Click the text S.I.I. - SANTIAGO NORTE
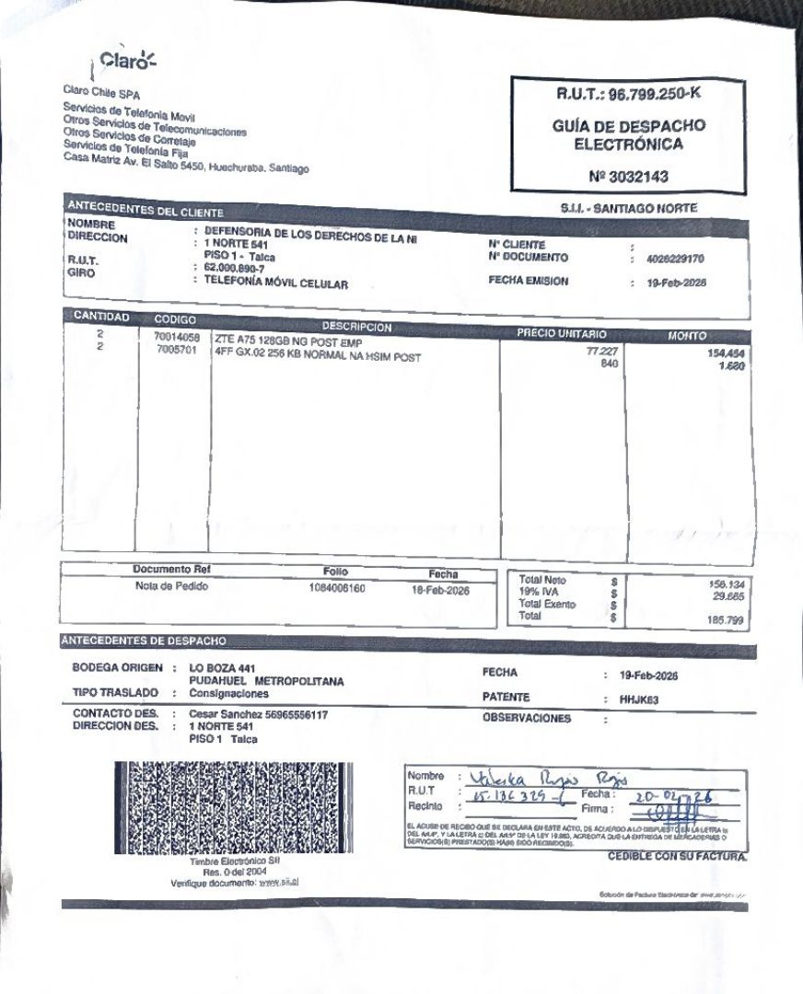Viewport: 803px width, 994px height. point(628,209)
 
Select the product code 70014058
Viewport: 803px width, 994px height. point(177,338)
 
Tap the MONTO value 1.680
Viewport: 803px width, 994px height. point(731,366)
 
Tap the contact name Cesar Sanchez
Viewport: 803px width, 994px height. point(221,714)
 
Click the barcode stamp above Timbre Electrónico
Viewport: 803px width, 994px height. point(239,806)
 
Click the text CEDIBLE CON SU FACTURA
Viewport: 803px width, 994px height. point(676,857)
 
